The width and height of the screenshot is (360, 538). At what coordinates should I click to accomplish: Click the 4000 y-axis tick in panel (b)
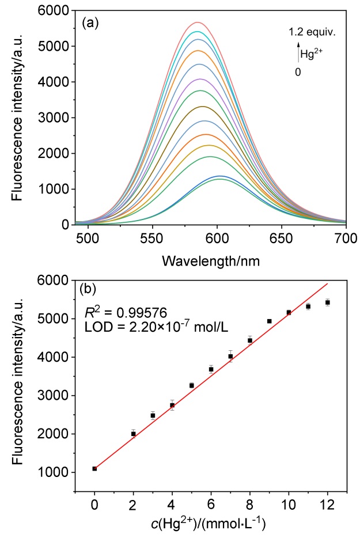[x=56, y=357]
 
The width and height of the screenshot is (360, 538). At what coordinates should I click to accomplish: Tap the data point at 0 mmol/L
[x=94, y=468]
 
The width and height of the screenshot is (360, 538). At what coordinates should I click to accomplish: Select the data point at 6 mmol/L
[x=211, y=369]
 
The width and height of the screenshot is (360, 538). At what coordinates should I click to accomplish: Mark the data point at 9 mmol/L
[x=269, y=321]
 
